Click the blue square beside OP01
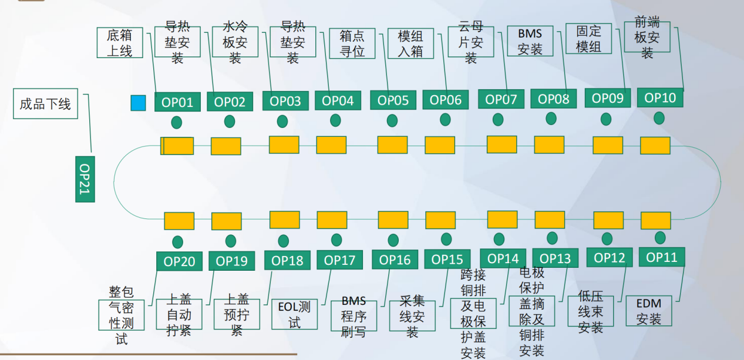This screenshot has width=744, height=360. [138, 103]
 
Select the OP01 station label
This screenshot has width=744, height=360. [177, 102]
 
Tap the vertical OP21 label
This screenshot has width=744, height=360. [85, 179]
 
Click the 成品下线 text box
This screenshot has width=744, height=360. [45, 105]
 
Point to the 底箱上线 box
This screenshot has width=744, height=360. [120, 43]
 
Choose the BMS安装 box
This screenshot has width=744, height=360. [530, 41]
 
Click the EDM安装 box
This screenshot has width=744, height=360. [649, 311]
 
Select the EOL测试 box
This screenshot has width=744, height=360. [294, 314]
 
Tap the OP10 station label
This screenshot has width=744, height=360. [660, 98]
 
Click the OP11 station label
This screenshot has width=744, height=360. [661, 257]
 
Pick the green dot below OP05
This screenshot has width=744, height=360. [392, 120]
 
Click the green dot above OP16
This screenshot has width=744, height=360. [393, 240]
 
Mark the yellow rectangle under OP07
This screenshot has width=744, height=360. [501, 144]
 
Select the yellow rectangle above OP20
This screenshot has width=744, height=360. [179, 221]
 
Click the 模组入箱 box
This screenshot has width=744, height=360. [410, 43]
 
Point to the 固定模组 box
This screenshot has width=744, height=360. [588, 39]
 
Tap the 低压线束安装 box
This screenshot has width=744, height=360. [590, 311]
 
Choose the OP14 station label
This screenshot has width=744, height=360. [503, 258]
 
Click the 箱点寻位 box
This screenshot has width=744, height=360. [352, 43]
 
